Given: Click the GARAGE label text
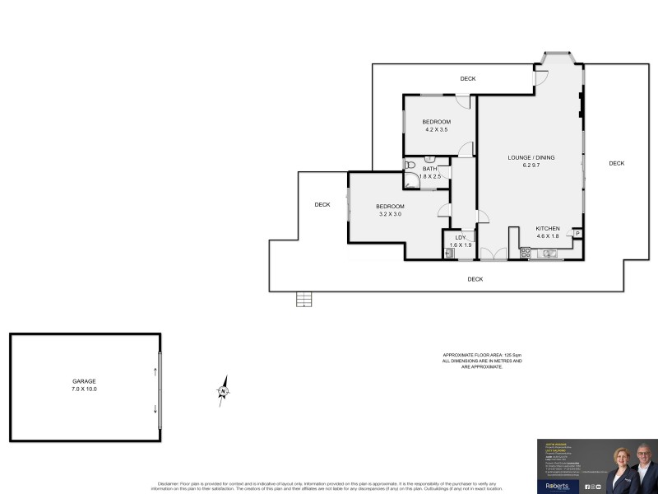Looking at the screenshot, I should click(84, 381).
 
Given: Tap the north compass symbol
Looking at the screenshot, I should click(222, 390).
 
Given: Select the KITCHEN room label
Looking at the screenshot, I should click(548, 228).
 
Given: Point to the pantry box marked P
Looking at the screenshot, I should click(577, 234).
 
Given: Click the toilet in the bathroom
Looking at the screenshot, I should click(410, 165).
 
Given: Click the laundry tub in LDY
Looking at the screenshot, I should click(449, 254).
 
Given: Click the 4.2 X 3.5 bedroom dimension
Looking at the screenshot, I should click(437, 130).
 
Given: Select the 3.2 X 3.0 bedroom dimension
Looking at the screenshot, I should click(390, 214).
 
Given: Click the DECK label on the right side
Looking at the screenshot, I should click(617, 163).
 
